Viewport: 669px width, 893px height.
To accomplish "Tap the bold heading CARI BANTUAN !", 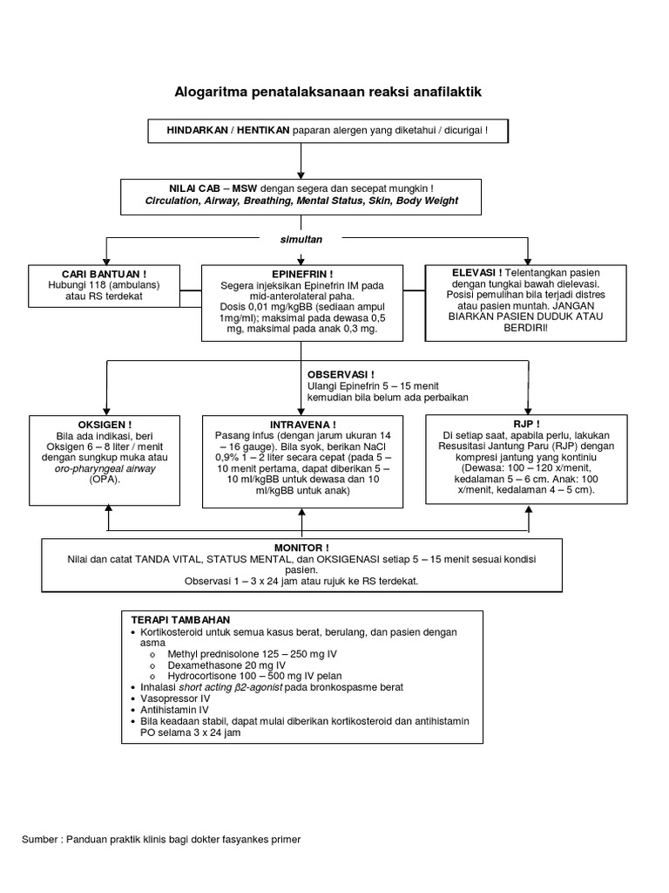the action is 105,275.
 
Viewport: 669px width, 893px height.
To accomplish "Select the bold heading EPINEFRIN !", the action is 302,275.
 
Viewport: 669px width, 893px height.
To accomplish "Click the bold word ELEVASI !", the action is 476,273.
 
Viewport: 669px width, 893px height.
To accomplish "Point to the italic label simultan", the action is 301,240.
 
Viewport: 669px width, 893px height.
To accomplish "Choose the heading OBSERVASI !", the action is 341,375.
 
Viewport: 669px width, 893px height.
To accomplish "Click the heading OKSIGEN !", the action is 105,425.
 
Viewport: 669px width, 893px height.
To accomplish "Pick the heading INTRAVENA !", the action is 302,425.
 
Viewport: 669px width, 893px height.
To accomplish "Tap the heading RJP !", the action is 527,425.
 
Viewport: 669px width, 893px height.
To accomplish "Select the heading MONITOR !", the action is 301,548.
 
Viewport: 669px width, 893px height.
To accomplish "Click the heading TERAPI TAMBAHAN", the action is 180,620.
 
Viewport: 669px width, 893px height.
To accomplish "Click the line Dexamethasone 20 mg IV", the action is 226,665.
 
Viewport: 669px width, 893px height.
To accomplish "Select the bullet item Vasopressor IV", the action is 175,699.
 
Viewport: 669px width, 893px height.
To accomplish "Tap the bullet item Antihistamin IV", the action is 174,710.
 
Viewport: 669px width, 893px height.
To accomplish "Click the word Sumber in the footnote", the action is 39,840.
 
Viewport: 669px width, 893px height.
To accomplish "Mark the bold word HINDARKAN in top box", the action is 197,131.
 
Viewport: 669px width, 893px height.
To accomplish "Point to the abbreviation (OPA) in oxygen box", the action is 105,480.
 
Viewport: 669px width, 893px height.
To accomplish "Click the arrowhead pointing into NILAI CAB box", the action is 301,175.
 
